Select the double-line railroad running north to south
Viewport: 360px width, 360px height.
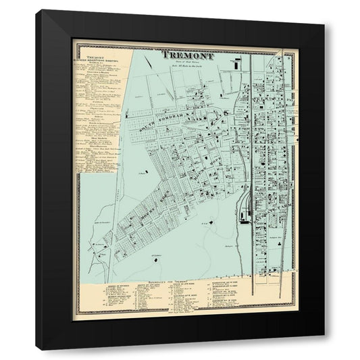[252, 169]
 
